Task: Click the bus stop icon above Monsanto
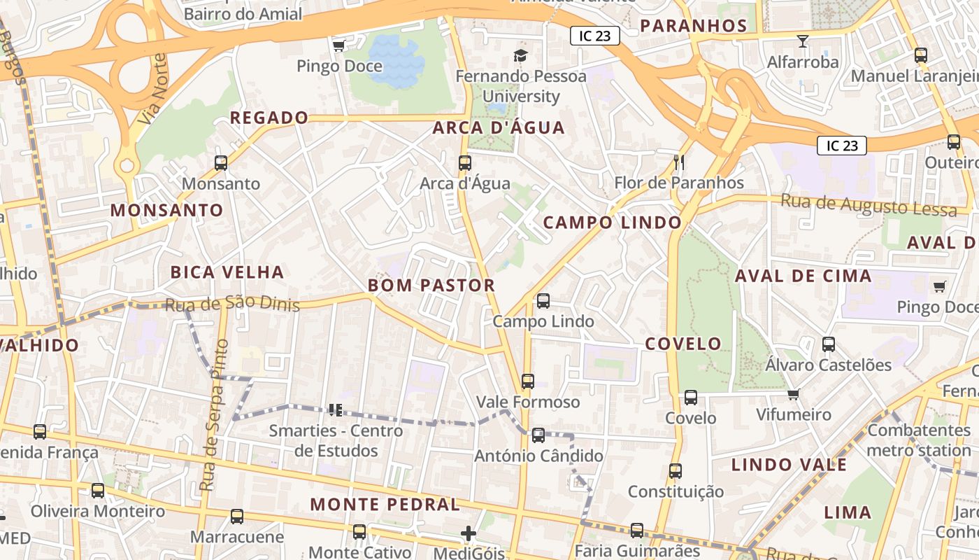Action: pyautogui.click(x=221, y=163)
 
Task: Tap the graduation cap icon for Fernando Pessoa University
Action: pyautogui.click(x=520, y=55)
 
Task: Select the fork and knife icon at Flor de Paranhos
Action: pyautogui.click(x=678, y=162)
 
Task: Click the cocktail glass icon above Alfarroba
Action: pyautogui.click(x=802, y=41)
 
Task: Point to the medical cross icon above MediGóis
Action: pyautogui.click(x=469, y=534)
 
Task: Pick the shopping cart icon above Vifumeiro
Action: pyautogui.click(x=793, y=394)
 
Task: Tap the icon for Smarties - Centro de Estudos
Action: pyautogui.click(x=335, y=409)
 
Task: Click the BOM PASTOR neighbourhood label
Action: pyautogui.click(x=431, y=286)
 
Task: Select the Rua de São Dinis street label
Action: pyautogui.click(x=232, y=304)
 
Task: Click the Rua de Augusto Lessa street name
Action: pyautogui.click(x=869, y=205)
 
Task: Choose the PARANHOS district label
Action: pyautogui.click(x=694, y=26)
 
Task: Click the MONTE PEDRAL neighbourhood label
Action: pyautogui.click(x=385, y=504)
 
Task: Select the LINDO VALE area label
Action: pyautogui.click(x=789, y=465)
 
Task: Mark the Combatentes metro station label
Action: pyautogui.click(x=918, y=440)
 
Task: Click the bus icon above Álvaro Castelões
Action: pyautogui.click(x=829, y=344)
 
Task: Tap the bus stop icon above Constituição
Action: pyautogui.click(x=675, y=471)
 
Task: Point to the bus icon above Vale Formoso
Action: pyautogui.click(x=528, y=381)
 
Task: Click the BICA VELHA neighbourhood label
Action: pyautogui.click(x=227, y=272)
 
